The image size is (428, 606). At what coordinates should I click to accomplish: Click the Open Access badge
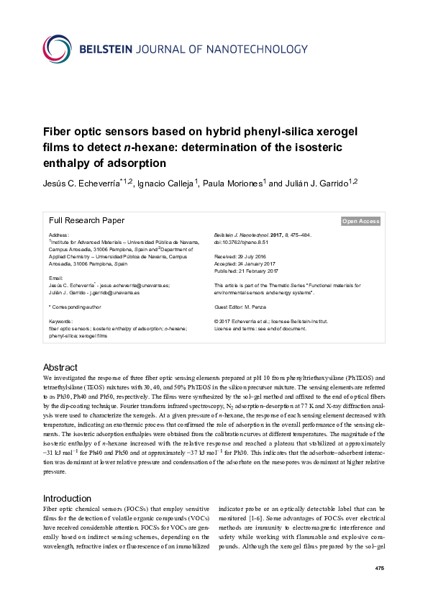point(360,222)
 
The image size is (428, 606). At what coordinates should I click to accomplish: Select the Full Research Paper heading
point(86,221)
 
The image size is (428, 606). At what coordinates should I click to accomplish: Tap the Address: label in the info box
point(59,236)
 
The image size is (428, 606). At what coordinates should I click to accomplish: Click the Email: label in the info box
point(56,278)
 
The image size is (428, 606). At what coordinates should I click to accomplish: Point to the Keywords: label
point(61,320)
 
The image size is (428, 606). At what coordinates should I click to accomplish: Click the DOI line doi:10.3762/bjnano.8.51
point(245,243)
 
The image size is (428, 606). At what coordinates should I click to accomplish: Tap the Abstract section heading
point(60,367)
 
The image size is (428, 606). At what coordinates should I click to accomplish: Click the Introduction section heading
point(68,498)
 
